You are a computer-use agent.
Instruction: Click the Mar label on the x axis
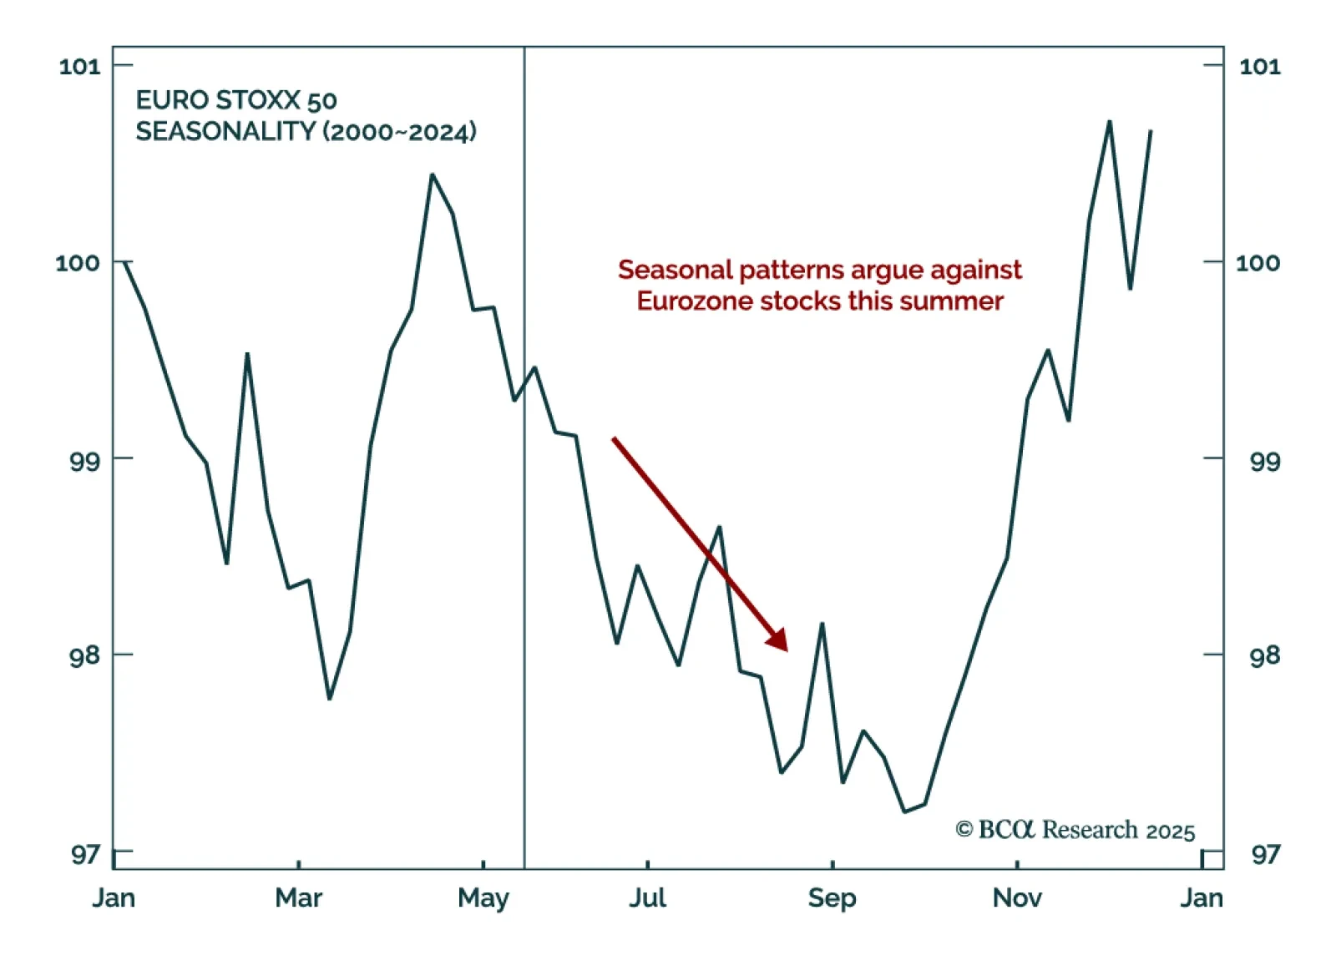(298, 898)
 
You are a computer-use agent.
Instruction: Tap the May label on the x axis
(483, 898)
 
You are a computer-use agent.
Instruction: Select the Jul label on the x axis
(647, 898)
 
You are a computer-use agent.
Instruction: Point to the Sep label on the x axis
(832, 898)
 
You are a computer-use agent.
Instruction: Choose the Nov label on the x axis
(1017, 898)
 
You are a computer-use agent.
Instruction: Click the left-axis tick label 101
(79, 67)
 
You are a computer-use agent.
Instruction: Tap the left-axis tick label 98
(84, 656)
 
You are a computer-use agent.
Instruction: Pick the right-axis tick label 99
(1264, 460)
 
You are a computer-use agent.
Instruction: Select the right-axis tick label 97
(1264, 854)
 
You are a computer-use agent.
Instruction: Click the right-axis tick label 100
(1258, 263)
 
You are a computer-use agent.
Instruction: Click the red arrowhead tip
(787, 650)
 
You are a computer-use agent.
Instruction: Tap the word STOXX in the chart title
(258, 100)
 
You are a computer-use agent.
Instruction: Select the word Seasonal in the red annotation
(675, 270)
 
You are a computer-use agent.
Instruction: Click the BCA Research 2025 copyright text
(1075, 830)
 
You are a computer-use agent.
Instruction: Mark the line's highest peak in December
(1110, 122)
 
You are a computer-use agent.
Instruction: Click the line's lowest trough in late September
(904, 811)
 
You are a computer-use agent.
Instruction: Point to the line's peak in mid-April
(432, 174)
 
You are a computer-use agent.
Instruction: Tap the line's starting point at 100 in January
(125, 262)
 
